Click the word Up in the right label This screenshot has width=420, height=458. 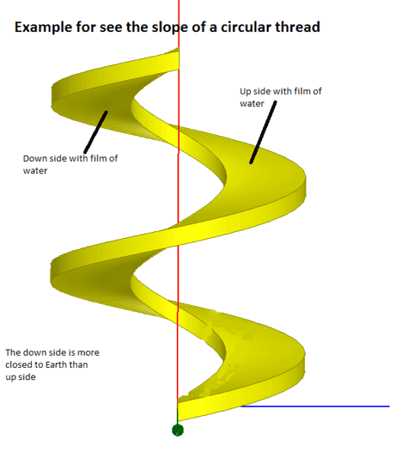(245, 92)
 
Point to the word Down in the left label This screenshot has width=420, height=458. (34, 158)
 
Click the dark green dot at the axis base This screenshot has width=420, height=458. (178, 430)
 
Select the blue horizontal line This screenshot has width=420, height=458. (315, 406)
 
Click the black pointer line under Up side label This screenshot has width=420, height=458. (263, 132)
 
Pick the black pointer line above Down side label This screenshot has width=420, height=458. (96, 132)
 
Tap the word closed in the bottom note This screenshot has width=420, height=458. (17, 365)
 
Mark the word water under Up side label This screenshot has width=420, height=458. (252, 104)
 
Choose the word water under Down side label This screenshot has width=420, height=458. (35, 171)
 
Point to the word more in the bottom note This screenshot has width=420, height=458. (88, 353)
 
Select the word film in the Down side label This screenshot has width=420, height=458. (98, 158)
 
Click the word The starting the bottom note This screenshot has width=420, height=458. (13, 353)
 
